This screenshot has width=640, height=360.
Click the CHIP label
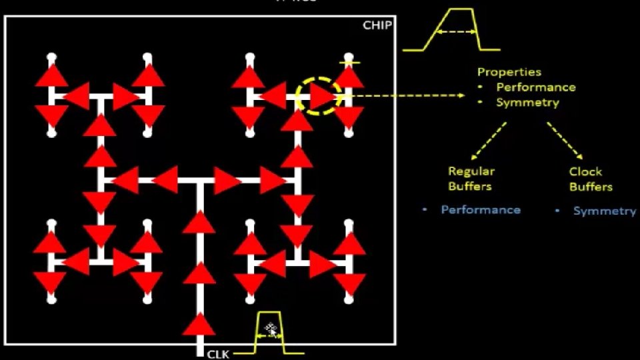377,25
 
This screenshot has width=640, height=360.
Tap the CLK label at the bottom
218,354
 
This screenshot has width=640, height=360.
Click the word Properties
509,72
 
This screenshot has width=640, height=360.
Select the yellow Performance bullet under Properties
535,87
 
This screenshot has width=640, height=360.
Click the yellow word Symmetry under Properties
527,103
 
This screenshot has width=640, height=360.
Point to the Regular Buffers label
471,179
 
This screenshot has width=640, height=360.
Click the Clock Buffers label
590,179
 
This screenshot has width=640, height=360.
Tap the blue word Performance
480,210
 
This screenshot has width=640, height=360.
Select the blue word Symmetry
604,211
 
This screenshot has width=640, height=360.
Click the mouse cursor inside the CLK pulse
270,328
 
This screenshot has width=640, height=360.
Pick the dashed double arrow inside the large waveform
456,32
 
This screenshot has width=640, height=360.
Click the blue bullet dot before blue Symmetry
557,211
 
